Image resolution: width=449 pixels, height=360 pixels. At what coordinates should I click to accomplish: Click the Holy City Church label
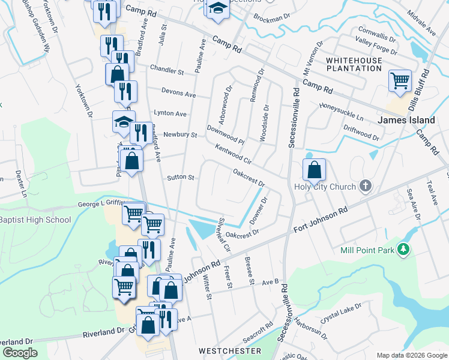coord(325,187)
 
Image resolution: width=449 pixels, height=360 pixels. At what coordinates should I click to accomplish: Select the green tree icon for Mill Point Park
coord(405,249)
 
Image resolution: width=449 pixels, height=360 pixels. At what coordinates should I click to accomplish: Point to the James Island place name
coord(406,120)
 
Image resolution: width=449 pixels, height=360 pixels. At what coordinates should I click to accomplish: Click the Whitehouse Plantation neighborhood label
coord(354,64)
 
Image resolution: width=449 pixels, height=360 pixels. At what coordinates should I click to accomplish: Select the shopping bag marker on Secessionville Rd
coord(314,170)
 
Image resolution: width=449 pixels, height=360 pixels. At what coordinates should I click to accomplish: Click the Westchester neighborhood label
coord(231,350)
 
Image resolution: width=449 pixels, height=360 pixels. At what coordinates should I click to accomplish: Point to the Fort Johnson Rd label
coord(321,221)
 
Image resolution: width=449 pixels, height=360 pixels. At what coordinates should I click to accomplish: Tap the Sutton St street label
coord(181,178)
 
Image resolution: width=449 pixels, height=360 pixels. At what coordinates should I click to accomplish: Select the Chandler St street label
coord(167,70)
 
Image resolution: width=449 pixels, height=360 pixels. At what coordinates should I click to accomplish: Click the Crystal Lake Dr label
coord(340,314)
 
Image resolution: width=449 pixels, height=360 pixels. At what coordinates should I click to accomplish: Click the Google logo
coord(20,353)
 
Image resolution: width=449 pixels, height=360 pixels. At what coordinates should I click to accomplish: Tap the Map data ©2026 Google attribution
coord(412,355)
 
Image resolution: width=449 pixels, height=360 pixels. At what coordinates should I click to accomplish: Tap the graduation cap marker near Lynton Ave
coord(123,121)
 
